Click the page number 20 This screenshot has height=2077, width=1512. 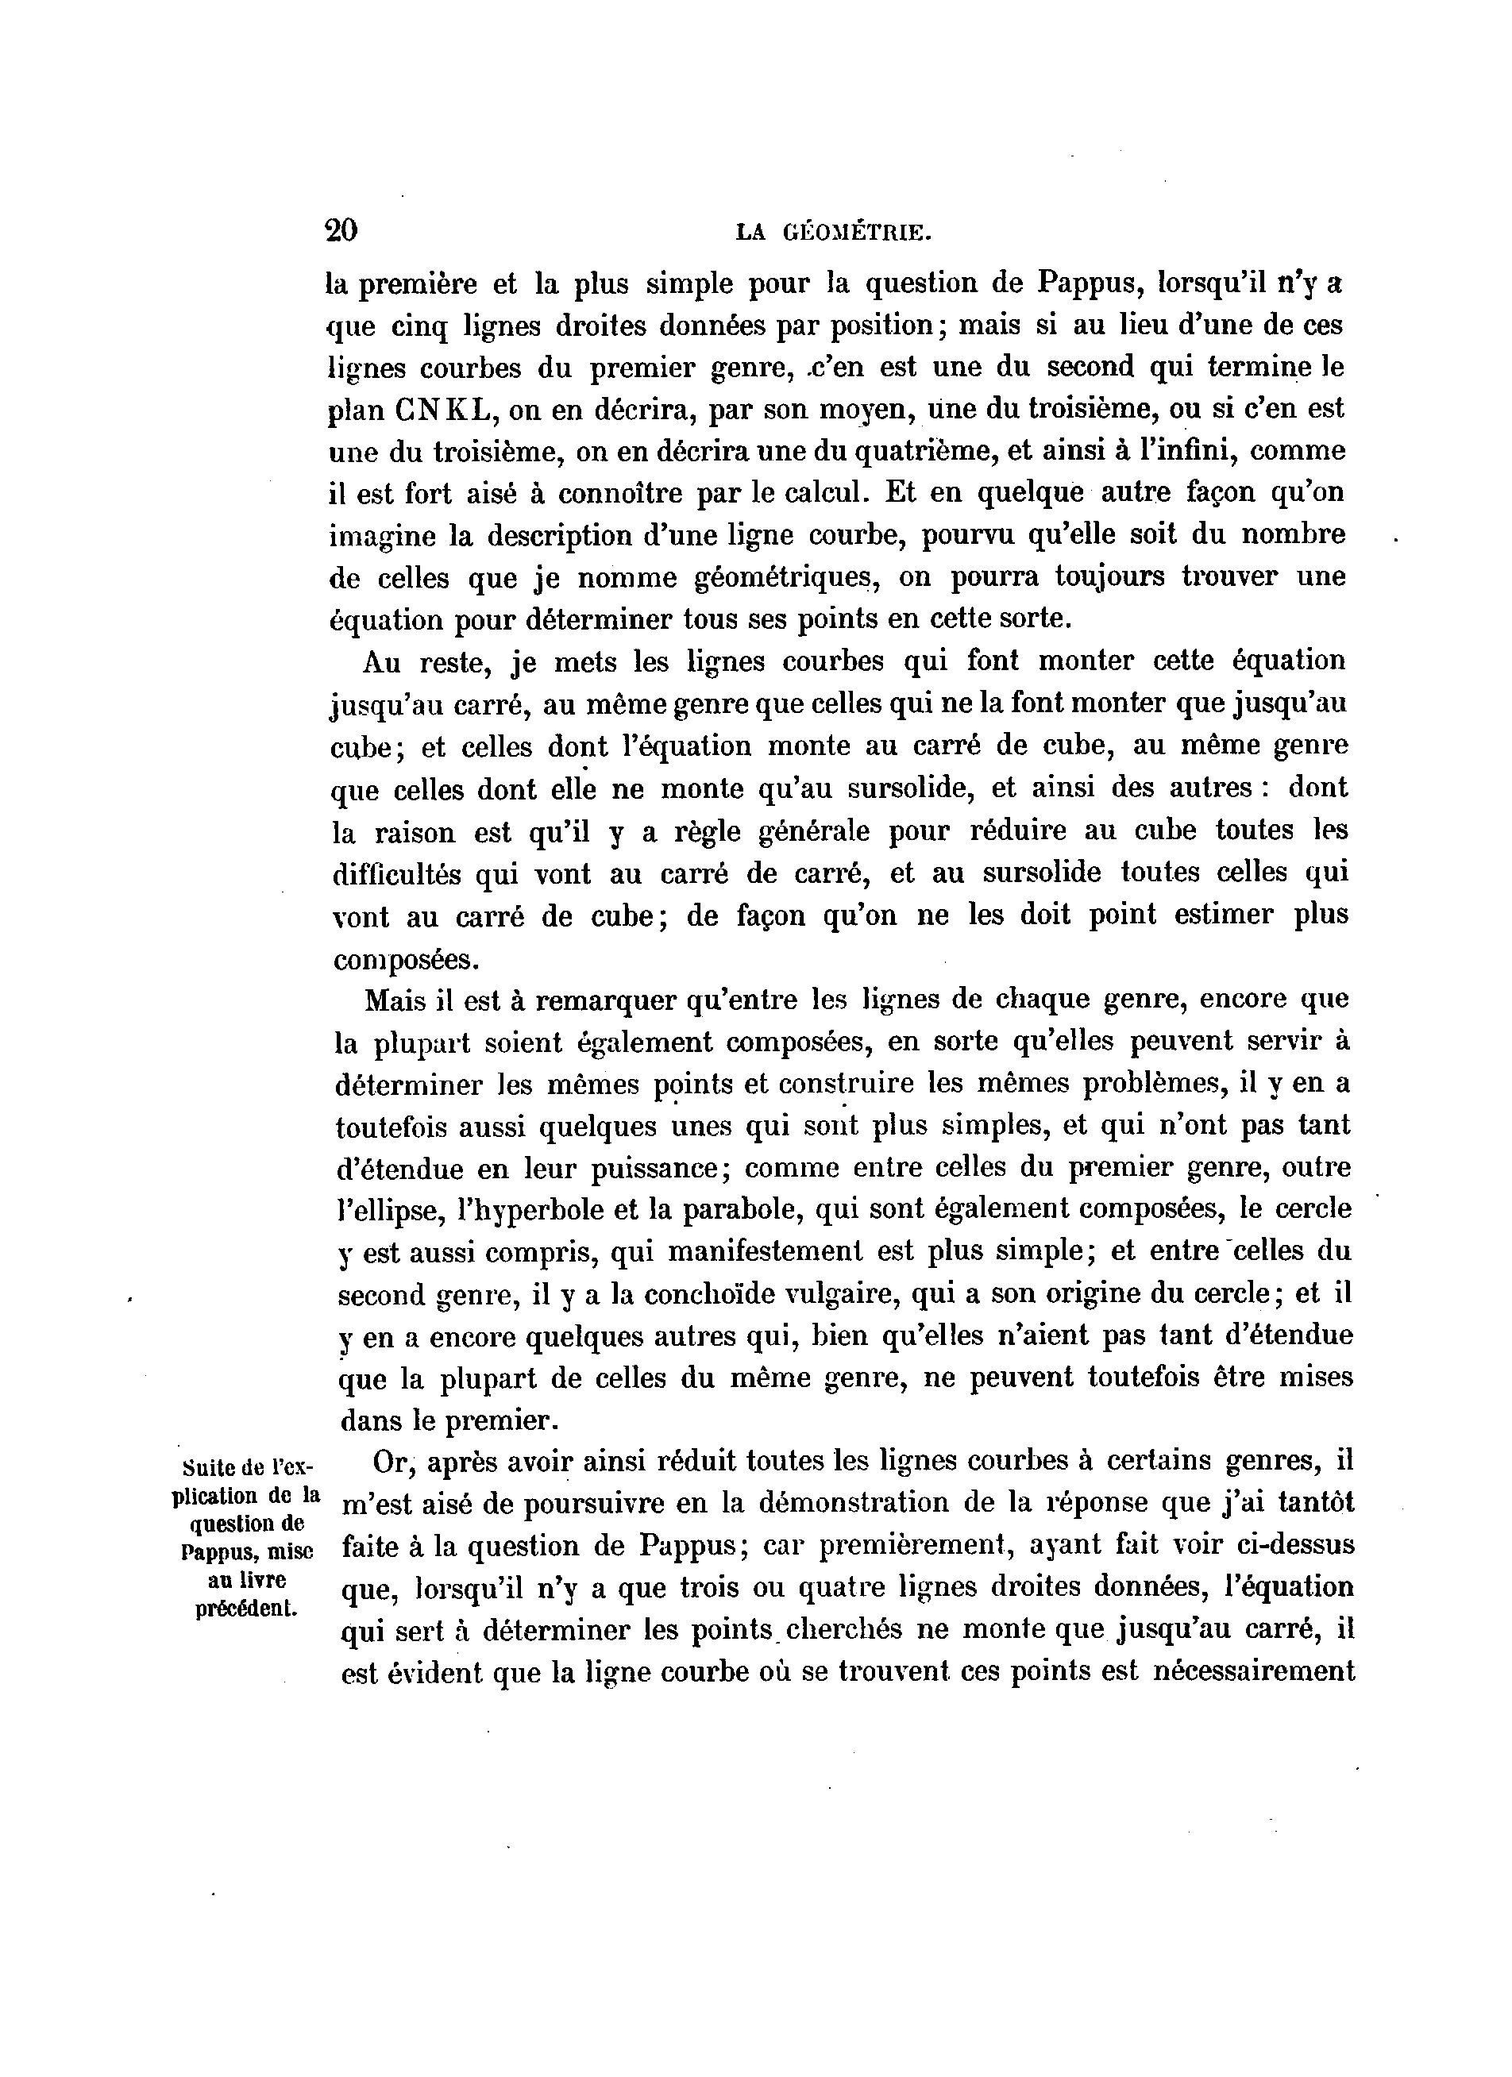[x=341, y=230]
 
